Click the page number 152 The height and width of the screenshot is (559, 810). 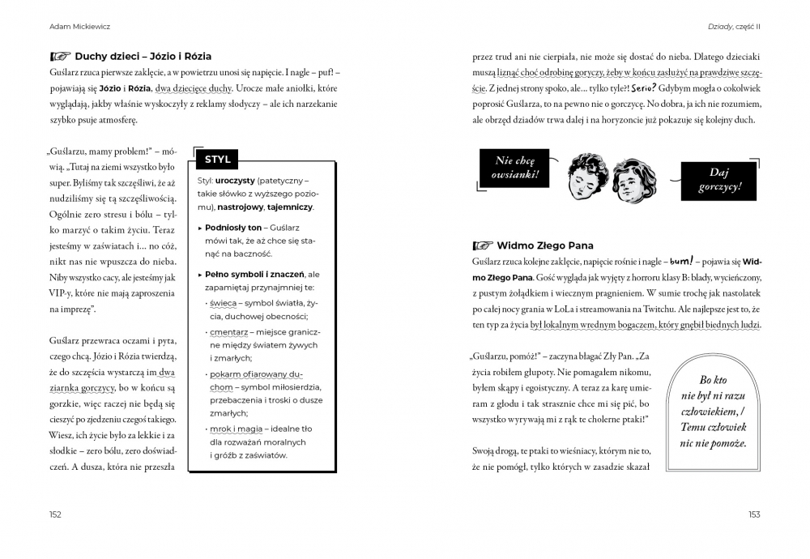pyautogui.click(x=55, y=514)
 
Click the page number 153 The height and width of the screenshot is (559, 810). pyautogui.click(x=753, y=514)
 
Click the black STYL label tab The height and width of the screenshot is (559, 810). pyautogui.click(x=218, y=160)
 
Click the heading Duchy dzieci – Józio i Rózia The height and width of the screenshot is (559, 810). pyautogui.click(x=143, y=57)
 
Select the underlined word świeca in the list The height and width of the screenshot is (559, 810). pyautogui.click(x=224, y=303)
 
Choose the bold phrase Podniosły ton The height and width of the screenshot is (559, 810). pyautogui.click(x=233, y=228)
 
